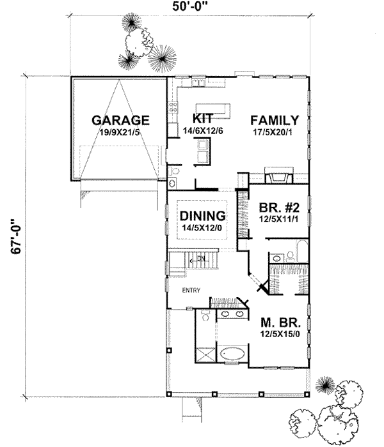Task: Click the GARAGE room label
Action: (x=120, y=119)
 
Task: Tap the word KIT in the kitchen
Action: (x=203, y=119)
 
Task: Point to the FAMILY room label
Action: (x=275, y=119)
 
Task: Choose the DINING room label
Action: (x=202, y=215)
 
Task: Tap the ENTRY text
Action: (x=191, y=291)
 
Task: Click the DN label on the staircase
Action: (x=200, y=258)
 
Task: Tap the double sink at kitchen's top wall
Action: (x=196, y=82)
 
